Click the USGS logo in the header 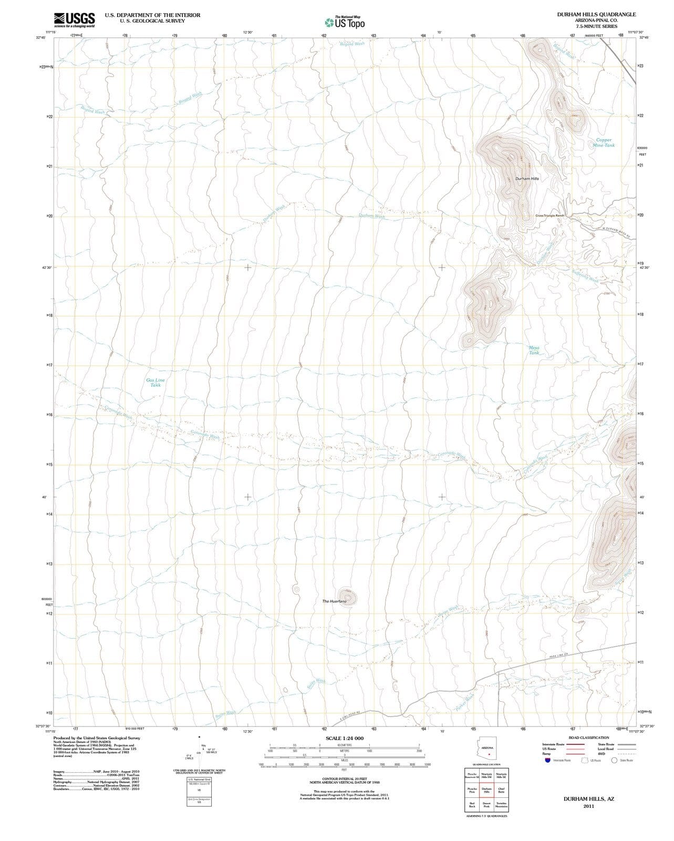tap(74, 20)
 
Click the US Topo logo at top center tap(344, 23)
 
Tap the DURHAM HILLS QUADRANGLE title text tap(596, 15)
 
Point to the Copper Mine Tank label tap(603, 142)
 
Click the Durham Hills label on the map tap(527, 179)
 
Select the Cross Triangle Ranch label tap(549, 216)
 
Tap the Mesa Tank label tap(534, 350)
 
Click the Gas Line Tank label tap(155, 382)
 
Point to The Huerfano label tap(334, 601)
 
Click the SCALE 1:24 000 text tap(345, 738)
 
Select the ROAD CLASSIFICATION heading tap(588, 737)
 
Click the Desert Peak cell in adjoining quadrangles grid tap(486, 805)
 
